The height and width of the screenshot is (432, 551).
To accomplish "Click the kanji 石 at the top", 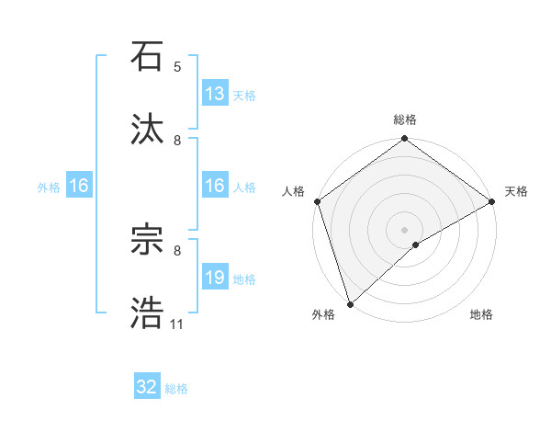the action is tap(148, 57).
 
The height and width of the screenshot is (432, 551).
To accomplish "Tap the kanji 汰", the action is tap(148, 131).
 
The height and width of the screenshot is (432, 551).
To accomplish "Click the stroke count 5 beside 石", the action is tap(177, 67).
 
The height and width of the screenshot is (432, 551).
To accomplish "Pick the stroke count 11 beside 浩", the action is tap(176, 324).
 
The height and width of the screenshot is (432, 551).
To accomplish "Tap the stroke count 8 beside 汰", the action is tap(177, 141).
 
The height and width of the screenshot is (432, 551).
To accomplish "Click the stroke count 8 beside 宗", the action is tap(177, 250).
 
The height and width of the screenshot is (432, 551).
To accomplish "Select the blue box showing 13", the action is tap(215, 94).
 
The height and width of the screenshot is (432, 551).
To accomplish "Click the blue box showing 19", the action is tap(215, 278).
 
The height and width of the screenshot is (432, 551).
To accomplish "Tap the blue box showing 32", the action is tap(147, 387).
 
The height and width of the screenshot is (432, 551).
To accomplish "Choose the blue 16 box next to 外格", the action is tap(79, 186).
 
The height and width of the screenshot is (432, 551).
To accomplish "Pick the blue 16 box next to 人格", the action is tap(215, 186).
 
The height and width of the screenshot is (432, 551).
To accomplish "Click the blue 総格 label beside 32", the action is tap(176, 389).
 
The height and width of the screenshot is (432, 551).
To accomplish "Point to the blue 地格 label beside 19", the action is tap(244, 279).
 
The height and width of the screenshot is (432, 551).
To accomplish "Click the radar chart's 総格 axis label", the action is tap(405, 119).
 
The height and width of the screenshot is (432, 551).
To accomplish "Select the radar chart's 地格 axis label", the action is tap(481, 315).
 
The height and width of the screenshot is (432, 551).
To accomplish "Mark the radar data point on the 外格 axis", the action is tap(350, 303).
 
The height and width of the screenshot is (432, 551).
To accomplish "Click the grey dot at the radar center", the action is tap(404, 229).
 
